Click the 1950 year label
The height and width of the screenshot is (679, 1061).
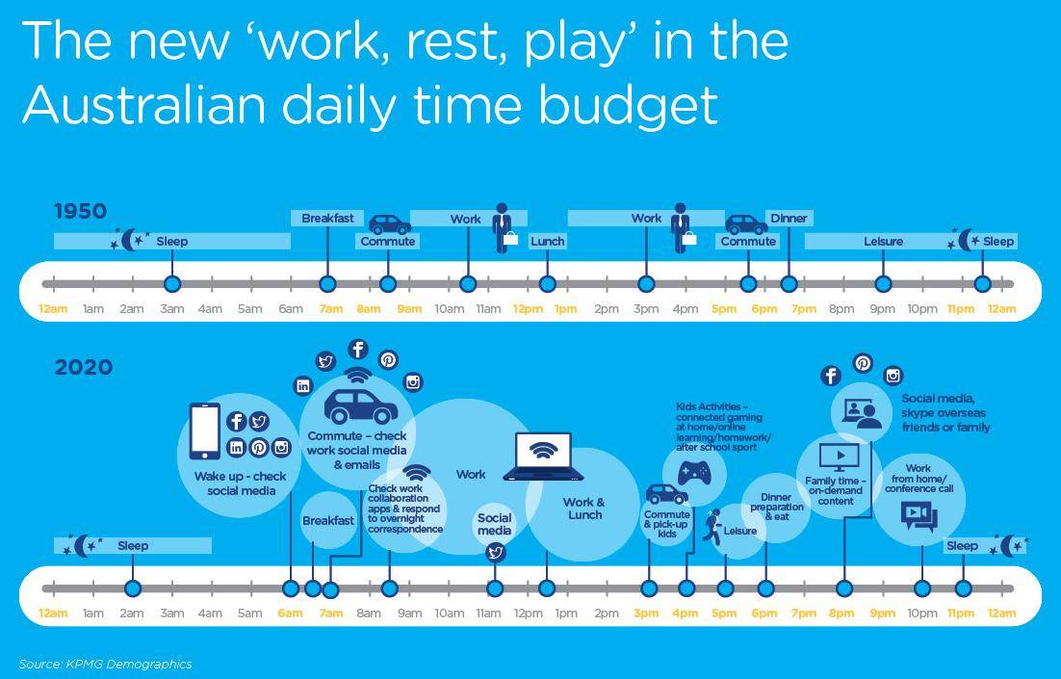tap(81, 211)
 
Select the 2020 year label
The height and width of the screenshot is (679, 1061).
tap(83, 368)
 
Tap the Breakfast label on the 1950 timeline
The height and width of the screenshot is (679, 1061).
tap(327, 218)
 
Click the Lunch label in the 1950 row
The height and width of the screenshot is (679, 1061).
tap(548, 241)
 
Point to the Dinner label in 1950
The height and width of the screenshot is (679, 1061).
tap(789, 218)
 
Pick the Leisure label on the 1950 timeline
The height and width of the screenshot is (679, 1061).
tap(883, 241)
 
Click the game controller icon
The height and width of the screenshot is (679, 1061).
tap(693, 472)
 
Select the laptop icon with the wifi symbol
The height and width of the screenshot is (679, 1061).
tap(543, 457)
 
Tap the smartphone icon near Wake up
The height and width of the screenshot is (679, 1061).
tap(205, 431)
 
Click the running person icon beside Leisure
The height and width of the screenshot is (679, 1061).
tap(712, 528)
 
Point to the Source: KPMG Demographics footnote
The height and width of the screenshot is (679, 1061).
tap(106, 665)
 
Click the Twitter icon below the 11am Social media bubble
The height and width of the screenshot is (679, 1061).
tap(495, 553)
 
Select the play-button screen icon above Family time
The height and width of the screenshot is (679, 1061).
tap(839, 457)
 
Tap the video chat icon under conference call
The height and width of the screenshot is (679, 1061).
tap(919, 516)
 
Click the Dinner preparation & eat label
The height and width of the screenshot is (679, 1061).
tap(777, 507)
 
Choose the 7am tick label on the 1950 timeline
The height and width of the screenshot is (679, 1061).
tap(331, 309)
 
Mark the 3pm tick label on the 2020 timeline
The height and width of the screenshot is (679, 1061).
tap(646, 614)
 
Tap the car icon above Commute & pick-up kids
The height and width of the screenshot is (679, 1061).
tap(666, 494)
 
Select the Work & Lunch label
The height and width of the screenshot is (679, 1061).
tap(584, 509)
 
